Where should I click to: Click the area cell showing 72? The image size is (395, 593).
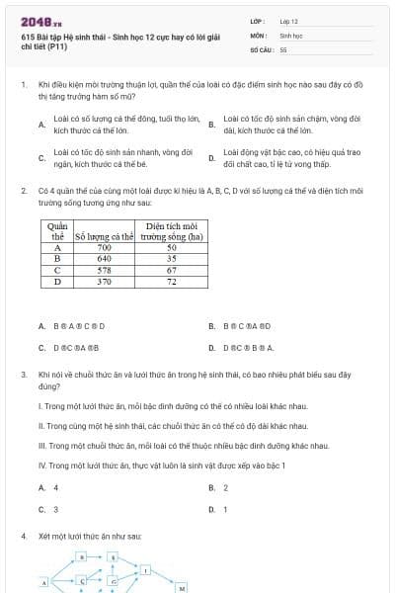point(172,281)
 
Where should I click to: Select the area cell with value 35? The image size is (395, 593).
point(172,258)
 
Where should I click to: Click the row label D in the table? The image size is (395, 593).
point(56,281)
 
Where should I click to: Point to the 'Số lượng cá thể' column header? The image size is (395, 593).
point(105,236)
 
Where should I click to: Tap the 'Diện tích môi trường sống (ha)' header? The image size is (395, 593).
point(172,231)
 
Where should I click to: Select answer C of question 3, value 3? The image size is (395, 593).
point(55,510)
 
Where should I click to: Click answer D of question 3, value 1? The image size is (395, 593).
point(225,510)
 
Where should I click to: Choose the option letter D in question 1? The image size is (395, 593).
point(211,158)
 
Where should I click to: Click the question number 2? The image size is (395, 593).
point(23,190)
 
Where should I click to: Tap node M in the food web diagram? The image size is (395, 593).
point(182,587)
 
